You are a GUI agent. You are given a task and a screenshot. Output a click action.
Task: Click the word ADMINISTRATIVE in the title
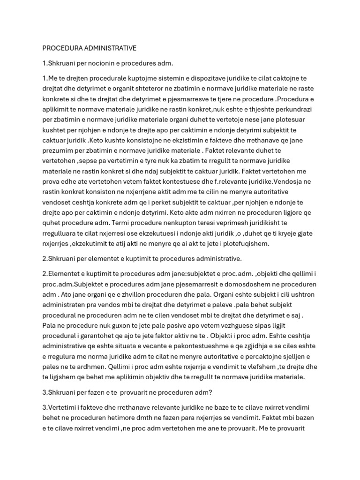(x=106, y=48)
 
